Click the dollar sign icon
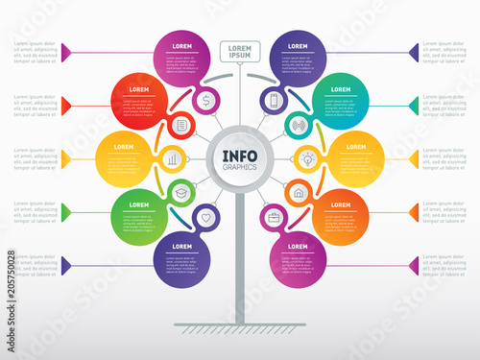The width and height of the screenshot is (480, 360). point(206,99)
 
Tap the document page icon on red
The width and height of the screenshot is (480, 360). point(182,126)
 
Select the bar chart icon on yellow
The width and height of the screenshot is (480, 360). point(173,158)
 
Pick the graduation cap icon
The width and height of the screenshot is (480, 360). point(180,192)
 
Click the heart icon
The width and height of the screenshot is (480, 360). point(205,218)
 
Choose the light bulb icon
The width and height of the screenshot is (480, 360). point(307,158)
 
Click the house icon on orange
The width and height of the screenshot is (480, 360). point(299,192)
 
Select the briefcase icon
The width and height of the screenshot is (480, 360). point(274,218)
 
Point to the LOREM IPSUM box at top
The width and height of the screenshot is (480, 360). point(239,51)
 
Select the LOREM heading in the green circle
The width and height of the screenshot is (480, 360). point(139,204)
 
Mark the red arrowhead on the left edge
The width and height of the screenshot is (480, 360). point(66,104)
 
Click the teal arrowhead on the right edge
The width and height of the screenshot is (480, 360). point(413,104)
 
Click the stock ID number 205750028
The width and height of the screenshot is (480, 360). point(11,287)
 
